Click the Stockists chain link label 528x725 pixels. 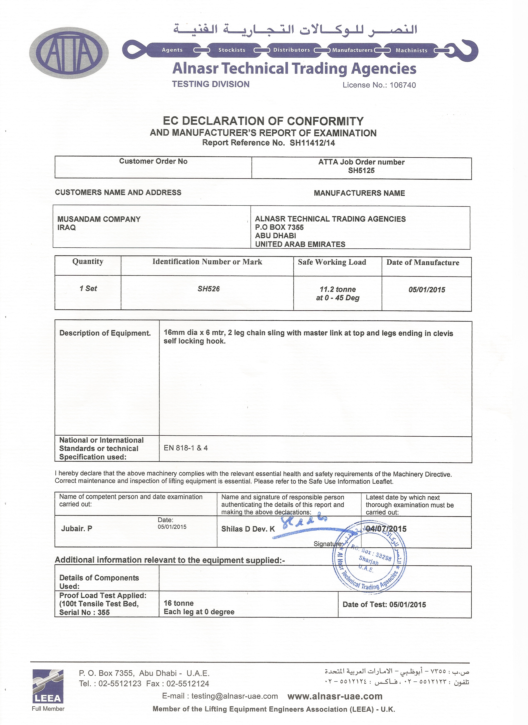[x=232, y=50]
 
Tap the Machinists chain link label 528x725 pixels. [x=411, y=51]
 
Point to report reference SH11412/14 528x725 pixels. [x=312, y=143]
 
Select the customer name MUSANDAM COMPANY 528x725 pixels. [x=99, y=219]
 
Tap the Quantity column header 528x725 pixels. [x=88, y=262]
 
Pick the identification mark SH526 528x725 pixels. [x=208, y=289]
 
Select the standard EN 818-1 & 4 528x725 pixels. [x=186, y=448]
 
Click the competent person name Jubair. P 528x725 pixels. [x=77, y=529]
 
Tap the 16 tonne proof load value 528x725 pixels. [x=179, y=603]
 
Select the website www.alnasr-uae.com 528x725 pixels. [x=335, y=696]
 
